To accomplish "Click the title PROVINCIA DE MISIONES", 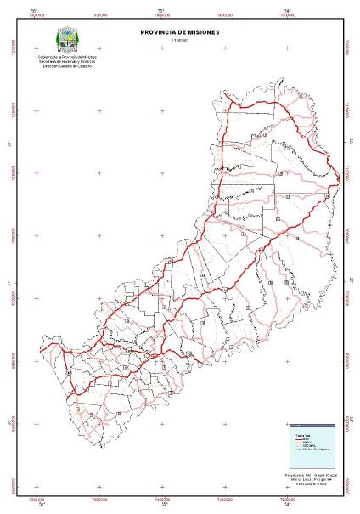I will (x=180, y=32).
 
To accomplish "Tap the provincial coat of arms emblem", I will (x=68, y=40).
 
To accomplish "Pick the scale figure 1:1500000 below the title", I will (x=180, y=40).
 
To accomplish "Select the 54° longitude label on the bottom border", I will (x=288, y=506).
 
